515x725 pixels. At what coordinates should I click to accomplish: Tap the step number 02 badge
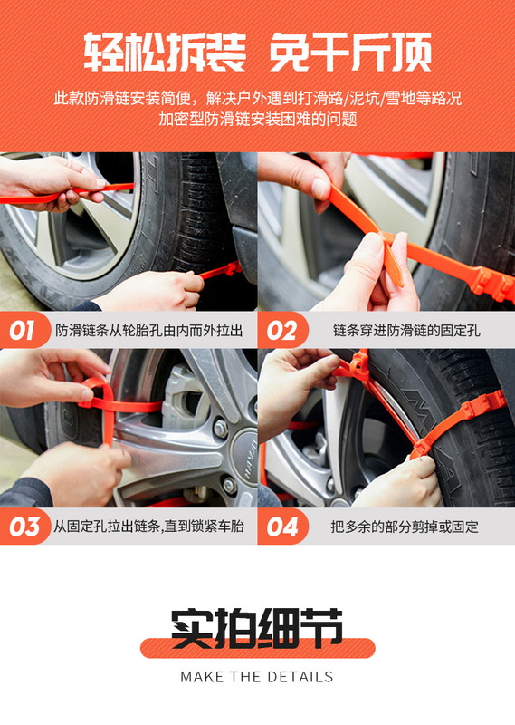pyautogui.click(x=281, y=330)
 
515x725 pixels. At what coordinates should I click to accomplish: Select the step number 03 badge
pyautogui.click(x=24, y=527)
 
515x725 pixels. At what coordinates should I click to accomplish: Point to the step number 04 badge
pyautogui.click(x=281, y=527)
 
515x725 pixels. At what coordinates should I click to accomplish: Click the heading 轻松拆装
pyautogui.click(x=165, y=51)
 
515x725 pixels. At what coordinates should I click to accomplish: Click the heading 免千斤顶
pyautogui.click(x=350, y=51)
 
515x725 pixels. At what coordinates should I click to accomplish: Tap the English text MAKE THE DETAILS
pyautogui.click(x=257, y=677)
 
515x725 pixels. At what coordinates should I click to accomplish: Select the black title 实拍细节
pyautogui.click(x=257, y=628)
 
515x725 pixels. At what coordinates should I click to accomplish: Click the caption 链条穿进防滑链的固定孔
pyautogui.click(x=406, y=331)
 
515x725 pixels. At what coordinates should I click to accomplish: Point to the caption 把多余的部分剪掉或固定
pyautogui.click(x=405, y=527)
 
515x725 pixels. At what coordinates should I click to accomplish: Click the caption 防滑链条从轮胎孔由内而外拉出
pyautogui.click(x=149, y=331)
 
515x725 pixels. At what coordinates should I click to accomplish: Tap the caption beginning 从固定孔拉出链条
pyautogui.click(x=148, y=527)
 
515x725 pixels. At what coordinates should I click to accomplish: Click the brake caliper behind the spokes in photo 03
pyautogui.click(x=183, y=398)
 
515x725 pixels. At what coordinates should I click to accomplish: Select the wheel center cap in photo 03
pyautogui.click(x=245, y=458)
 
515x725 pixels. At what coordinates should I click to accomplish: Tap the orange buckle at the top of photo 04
pyautogui.click(x=359, y=365)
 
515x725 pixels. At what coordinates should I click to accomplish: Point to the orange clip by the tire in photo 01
pyautogui.click(x=231, y=268)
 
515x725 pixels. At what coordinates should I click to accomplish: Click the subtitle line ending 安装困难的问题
pyautogui.click(x=258, y=119)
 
